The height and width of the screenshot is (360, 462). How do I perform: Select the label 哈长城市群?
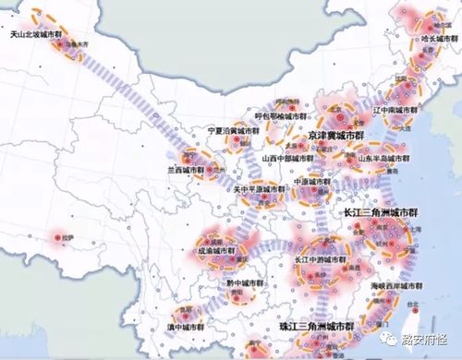click(439, 41)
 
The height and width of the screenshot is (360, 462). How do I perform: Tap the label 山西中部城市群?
click(289, 158)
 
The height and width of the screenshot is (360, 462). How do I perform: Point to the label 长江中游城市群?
click(321, 259)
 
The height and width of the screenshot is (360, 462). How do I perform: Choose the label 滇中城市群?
click(188, 328)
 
